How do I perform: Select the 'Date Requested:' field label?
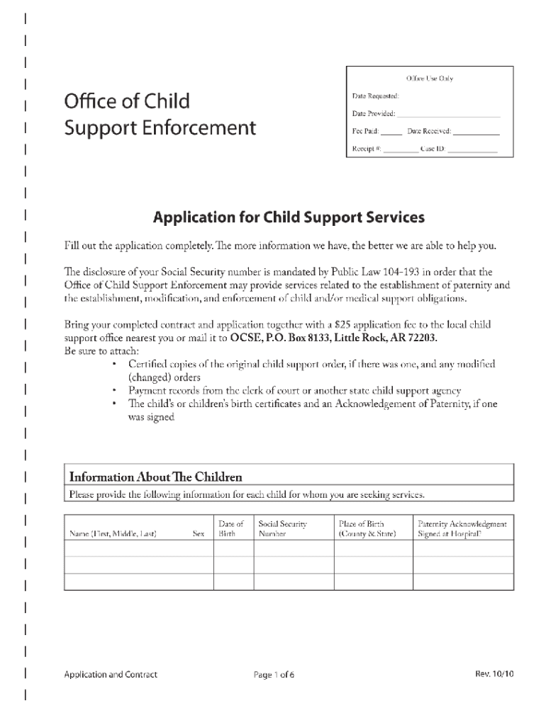point(376,96)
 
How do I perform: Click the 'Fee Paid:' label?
point(366,132)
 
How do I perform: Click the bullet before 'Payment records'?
point(115,391)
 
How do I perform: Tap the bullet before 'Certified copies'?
point(115,364)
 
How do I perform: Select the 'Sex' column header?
point(199,534)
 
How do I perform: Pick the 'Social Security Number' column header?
point(282,529)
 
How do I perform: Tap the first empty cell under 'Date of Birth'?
point(233,549)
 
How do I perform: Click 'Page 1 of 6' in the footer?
point(274,675)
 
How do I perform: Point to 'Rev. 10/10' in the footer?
point(494,674)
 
